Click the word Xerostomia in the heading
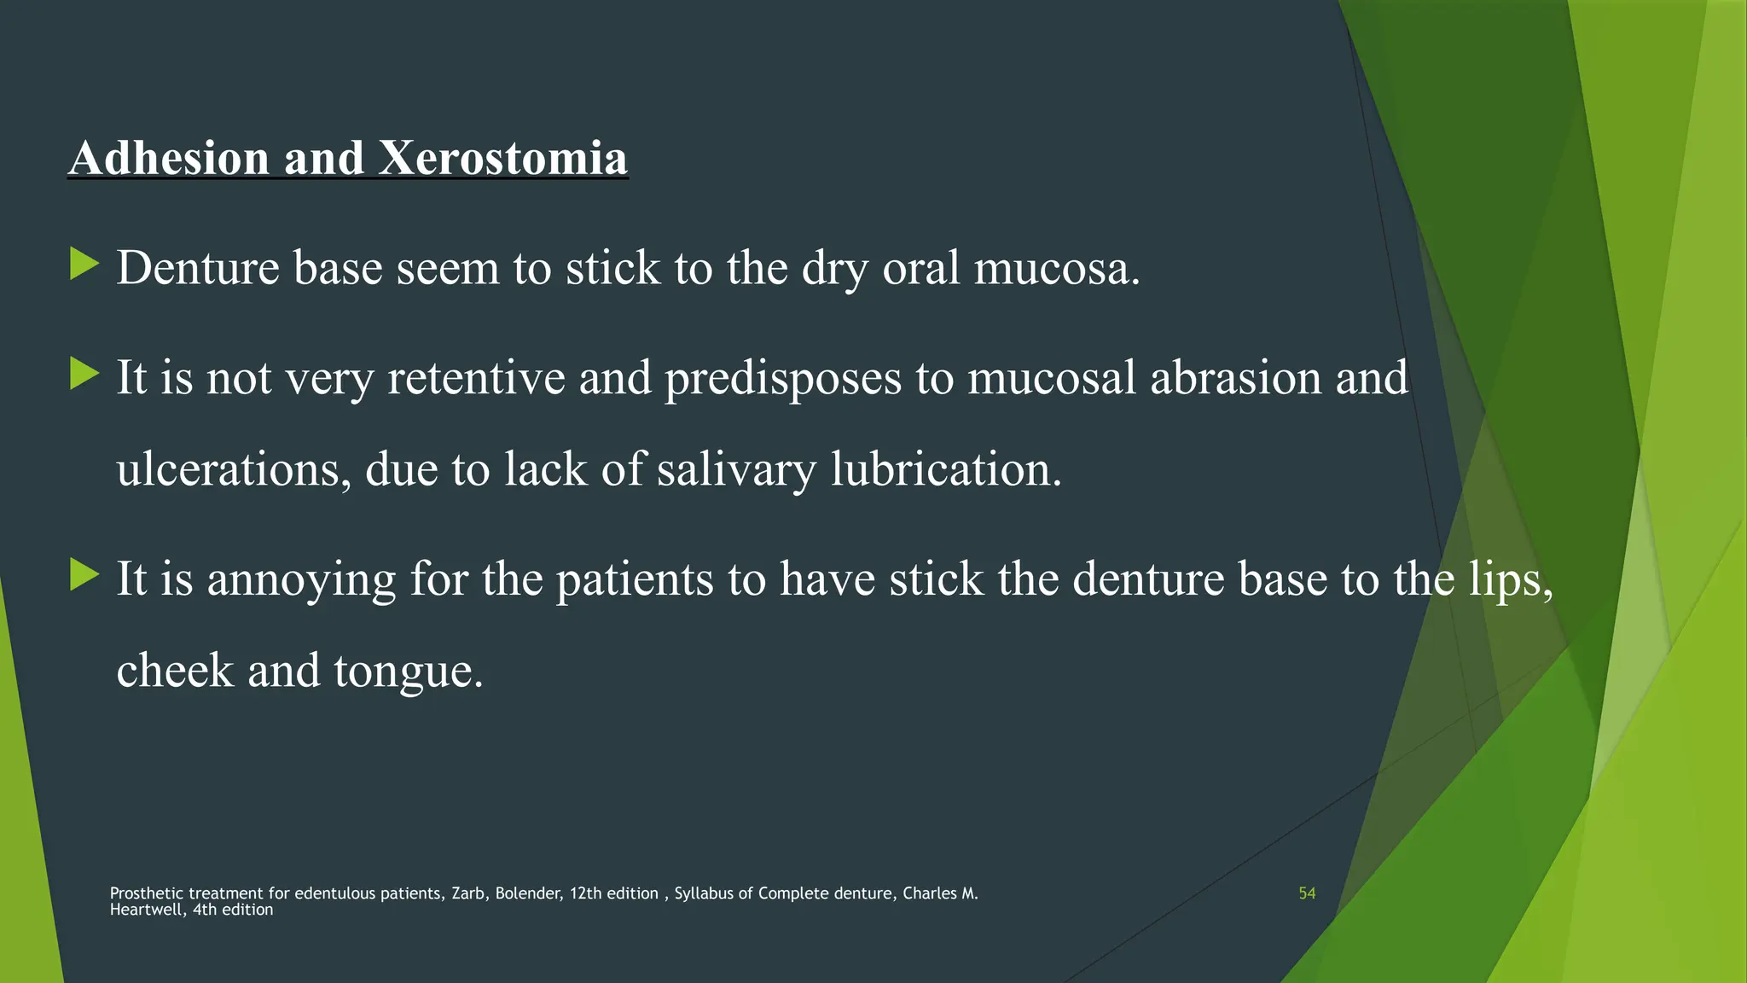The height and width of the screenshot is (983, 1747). point(503,159)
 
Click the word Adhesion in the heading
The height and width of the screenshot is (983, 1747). point(169,159)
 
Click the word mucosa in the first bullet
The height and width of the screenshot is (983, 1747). point(1056,268)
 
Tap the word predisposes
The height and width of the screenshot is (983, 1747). point(782,379)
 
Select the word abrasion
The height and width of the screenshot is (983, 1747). point(1235,377)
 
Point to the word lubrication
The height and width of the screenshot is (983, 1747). point(946,469)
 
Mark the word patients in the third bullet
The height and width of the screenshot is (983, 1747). point(635,579)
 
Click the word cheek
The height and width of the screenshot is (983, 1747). point(175,671)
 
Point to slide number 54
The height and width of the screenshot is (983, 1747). point(1307,893)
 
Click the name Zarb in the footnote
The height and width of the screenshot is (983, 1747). point(468,893)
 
